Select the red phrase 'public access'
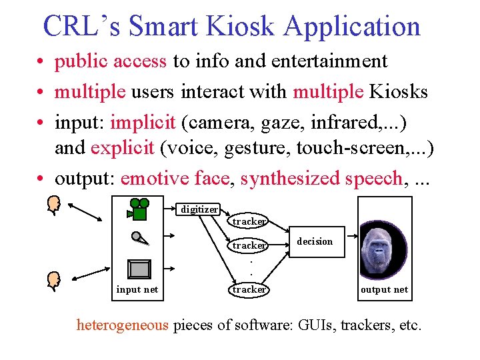point(111,61)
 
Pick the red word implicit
point(143,123)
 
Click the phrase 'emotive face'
point(177,179)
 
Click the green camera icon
point(139,209)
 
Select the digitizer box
point(199,209)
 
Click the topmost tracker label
point(249,221)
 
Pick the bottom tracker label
point(249,289)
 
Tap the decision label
point(315,241)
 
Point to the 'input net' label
point(137,289)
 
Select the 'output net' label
point(384,289)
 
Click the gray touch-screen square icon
point(139,269)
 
